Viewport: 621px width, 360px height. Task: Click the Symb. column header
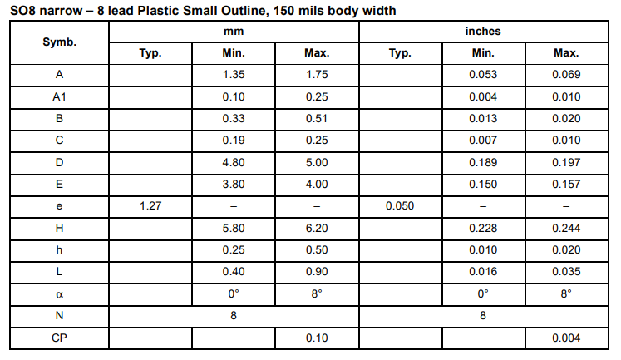59,42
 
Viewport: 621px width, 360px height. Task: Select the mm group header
234,32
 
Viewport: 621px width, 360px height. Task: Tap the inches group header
483,32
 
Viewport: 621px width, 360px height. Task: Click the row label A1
59,97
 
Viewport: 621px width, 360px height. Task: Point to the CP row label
59,338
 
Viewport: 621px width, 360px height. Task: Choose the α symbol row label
59,294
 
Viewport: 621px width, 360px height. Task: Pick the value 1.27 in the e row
150,206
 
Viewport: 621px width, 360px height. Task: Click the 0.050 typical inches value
400,206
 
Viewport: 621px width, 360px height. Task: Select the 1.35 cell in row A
234,75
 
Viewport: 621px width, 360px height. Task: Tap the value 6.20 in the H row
317,229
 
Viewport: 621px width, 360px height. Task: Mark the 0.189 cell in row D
483,163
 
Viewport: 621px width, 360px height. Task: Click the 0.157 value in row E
566,185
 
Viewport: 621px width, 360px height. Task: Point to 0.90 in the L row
317,272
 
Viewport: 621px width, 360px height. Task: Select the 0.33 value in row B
234,119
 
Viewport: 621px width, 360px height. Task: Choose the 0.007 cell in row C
483,141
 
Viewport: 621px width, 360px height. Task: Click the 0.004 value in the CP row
566,338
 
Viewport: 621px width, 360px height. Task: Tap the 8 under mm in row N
234,316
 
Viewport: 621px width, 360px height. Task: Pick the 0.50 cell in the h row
317,250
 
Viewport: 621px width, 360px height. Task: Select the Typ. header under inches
400,53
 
